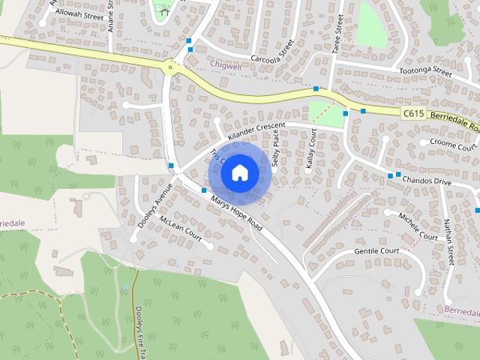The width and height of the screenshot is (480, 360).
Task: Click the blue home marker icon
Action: click(x=239, y=173)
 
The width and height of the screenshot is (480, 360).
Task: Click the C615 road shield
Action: click(x=412, y=113)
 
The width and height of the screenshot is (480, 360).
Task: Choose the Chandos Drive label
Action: click(x=427, y=181)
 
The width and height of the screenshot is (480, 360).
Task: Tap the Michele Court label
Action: click(x=418, y=225)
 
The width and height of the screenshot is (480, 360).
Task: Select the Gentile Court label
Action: click(x=376, y=250)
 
